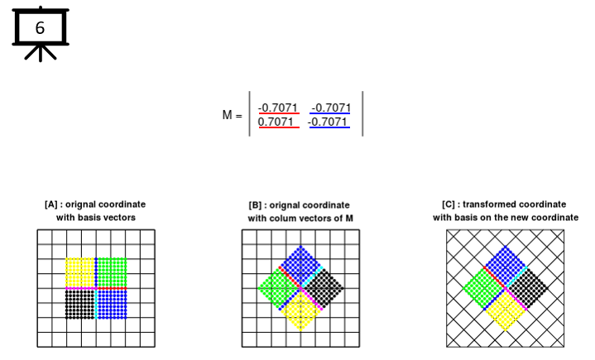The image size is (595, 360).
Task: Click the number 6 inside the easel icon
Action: [40, 27]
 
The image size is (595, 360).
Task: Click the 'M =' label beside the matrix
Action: [232, 114]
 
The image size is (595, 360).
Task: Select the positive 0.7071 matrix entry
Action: [276, 122]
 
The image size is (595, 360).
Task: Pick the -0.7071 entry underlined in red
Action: [278, 108]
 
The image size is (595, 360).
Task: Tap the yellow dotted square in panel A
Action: [80, 272]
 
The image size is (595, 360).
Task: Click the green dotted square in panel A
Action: [113, 272]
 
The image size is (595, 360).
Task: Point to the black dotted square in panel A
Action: [80, 305]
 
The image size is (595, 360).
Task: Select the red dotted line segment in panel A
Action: [113, 289]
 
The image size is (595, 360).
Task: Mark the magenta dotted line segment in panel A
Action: [80, 289]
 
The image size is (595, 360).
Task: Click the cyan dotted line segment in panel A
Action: [96, 305]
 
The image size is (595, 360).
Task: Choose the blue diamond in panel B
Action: [301, 266]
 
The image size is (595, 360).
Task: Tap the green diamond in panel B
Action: [279, 288]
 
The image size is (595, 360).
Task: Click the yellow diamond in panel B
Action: [301, 311]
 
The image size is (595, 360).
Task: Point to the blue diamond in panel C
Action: [505, 266]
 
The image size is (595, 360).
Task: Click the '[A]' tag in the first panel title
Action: [50, 205]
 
